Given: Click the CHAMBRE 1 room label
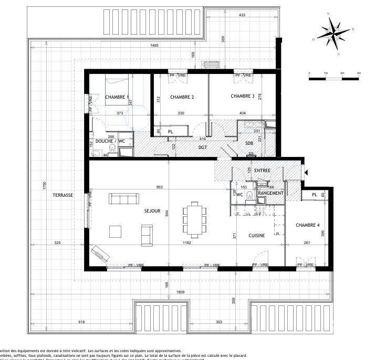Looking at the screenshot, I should (117, 97).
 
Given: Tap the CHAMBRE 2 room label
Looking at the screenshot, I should (182, 97).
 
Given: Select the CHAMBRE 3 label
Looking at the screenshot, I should (242, 96).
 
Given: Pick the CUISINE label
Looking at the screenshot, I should (257, 236).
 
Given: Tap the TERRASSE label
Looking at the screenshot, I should (62, 195).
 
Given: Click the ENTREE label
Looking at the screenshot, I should (263, 171).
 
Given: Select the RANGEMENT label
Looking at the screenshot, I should (271, 193).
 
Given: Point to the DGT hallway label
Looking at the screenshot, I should (203, 147).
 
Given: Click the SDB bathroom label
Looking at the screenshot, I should (249, 143).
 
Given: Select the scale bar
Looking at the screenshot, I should (334, 78).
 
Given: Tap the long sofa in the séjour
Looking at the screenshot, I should (124, 198).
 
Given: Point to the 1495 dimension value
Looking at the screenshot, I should (154, 46).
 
